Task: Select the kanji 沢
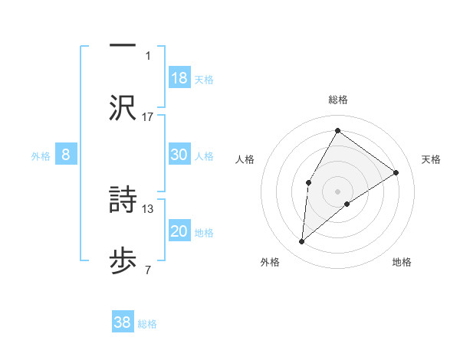coord(123,107)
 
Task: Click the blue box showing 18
coord(179,77)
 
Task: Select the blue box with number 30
coord(179,154)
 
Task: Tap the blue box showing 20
coord(179,231)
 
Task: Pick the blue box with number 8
coord(66,155)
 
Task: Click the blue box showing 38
coord(123,322)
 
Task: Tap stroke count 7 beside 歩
coord(148,270)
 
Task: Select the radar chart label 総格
coord(337,100)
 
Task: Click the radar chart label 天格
coord(431,159)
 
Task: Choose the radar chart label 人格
coord(245,159)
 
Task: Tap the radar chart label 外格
coord(269,263)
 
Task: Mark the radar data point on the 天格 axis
coord(396,172)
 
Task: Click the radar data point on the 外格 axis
coord(302,242)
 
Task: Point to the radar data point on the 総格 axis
coord(337,130)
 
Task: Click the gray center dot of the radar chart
coord(337,190)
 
